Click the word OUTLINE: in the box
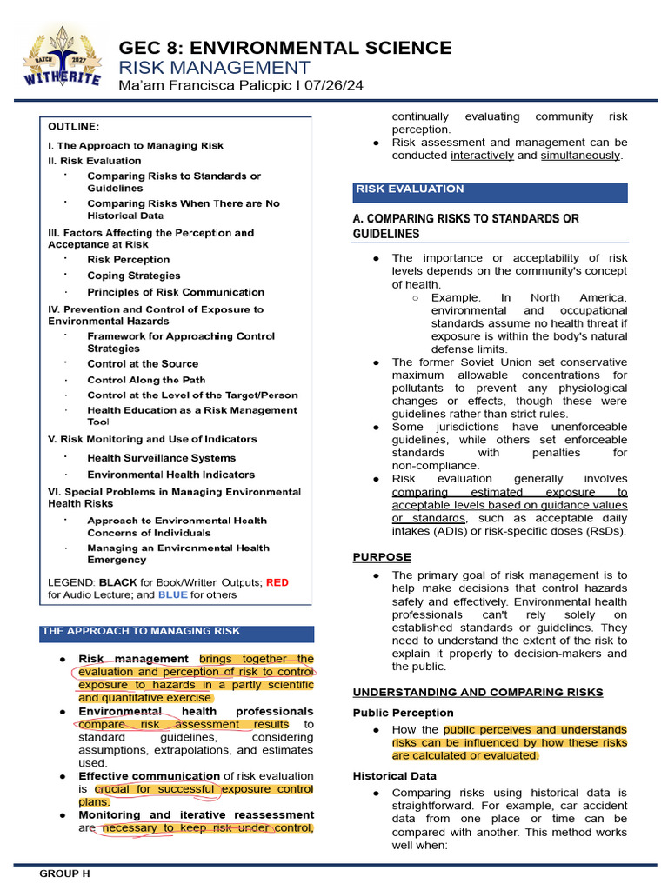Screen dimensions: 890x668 click(73, 126)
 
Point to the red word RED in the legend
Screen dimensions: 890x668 click(277, 581)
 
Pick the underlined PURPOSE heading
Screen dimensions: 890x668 click(382, 557)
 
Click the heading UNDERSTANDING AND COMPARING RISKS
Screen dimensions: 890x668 click(478, 692)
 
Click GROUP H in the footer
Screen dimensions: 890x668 click(64, 873)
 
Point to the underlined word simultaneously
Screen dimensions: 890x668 click(580, 156)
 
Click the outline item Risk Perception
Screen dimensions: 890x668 click(128, 259)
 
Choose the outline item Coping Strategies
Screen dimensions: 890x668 click(133, 276)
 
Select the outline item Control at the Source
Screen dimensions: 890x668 click(143, 363)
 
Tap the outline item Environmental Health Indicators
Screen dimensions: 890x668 click(170, 475)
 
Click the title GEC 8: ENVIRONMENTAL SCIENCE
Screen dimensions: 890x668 click(285, 48)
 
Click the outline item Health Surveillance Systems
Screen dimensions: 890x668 click(161, 457)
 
